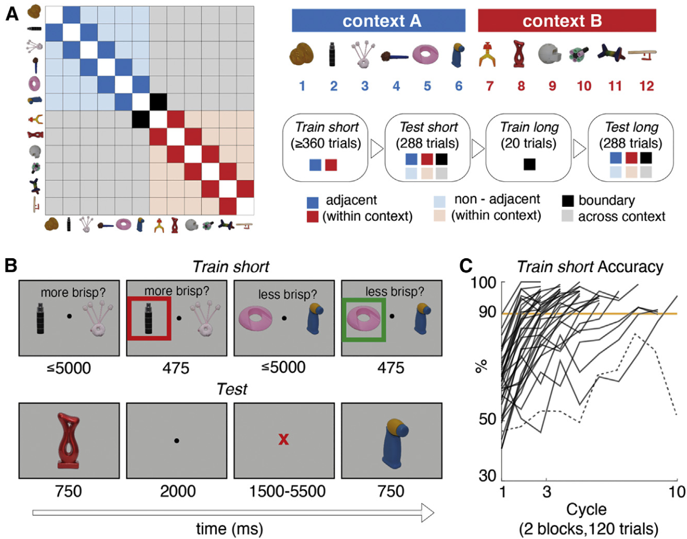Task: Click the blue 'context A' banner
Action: [379, 21]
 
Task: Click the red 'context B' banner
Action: [567, 21]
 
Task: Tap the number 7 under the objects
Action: [490, 86]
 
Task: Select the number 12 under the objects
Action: [646, 86]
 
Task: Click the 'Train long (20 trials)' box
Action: [528, 147]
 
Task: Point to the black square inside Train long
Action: [529, 164]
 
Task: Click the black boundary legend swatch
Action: [568, 201]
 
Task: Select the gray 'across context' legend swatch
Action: [568, 217]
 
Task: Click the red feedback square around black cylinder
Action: [149, 319]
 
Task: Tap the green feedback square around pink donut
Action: [364, 320]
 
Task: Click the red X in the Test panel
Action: [284, 440]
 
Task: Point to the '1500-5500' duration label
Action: [287, 491]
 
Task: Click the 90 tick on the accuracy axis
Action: [487, 312]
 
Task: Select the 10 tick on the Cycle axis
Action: [677, 492]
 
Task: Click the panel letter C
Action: [466, 266]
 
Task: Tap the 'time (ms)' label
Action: [230, 529]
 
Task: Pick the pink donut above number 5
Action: [425, 55]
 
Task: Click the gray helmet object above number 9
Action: [549, 54]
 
